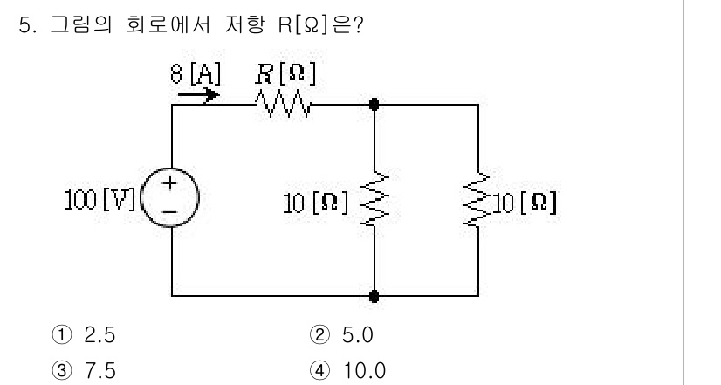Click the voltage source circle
(171, 200)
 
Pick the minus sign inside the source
(171, 212)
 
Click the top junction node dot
(374, 105)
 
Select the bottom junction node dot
(374, 297)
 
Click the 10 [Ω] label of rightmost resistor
(524, 203)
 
